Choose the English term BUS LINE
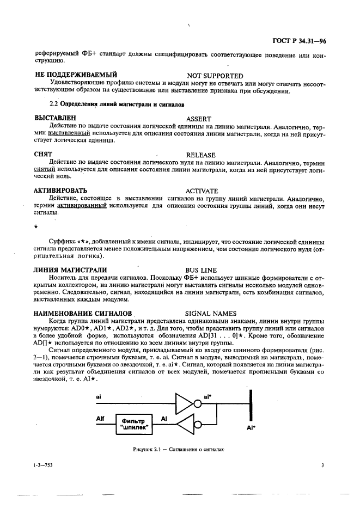tap(201, 270)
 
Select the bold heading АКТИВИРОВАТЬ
tap(60, 191)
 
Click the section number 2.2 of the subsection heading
tap(53, 103)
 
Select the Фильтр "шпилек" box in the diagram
tap(133, 424)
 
